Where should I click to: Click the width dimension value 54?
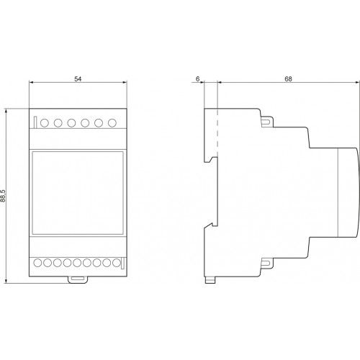[78, 78]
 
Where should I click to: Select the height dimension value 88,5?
[3, 196]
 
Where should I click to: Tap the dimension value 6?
[197, 78]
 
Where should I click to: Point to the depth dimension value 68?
[288, 78]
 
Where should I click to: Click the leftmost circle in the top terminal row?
[45, 123]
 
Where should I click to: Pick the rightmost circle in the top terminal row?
[112, 123]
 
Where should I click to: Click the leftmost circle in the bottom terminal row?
[37, 263]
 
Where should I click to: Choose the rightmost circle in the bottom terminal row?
[116, 263]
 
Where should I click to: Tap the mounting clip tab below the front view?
[78, 279]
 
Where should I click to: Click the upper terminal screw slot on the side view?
[267, 122]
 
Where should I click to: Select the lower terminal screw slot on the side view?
[267, 264]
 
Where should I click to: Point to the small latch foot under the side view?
[210, 280]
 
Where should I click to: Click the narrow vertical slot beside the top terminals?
[35, 122]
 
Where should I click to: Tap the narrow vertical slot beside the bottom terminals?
[122, 264]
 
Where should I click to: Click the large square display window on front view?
[78, 193]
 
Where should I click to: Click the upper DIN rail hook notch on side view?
[210, 159]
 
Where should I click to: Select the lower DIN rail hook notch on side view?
[210, 225]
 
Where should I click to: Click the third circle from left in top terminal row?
[71, 123]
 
